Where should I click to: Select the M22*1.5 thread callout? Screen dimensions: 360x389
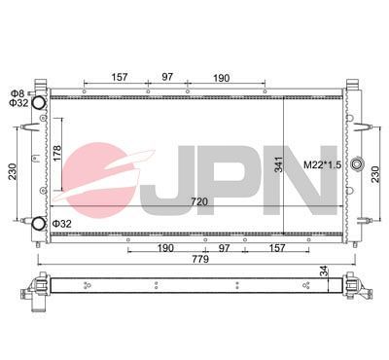tap(323, 164)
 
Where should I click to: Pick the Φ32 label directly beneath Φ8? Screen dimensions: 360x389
tap(18, 102)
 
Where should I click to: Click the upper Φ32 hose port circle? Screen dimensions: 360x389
tap(39, 103)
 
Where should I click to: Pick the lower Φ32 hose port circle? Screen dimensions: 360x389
tap(39, 225)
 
